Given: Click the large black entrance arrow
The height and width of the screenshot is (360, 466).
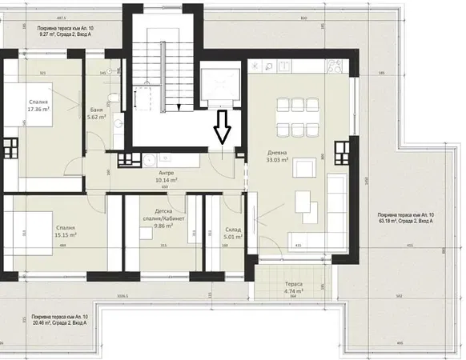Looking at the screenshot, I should coord(223,127).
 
